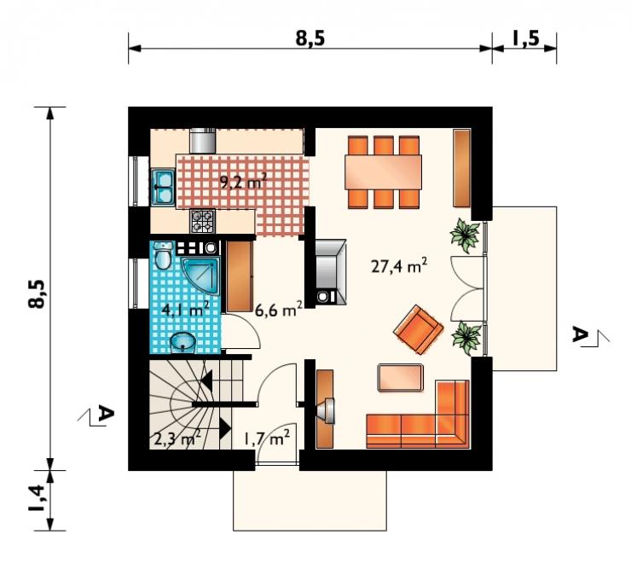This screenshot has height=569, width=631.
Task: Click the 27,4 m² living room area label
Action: (x=399, y=266)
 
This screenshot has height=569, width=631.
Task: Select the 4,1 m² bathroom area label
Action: (x=185, y=310)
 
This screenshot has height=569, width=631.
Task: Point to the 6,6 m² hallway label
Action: (x=279, y=310)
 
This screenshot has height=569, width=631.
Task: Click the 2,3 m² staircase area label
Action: (x=177, y=438)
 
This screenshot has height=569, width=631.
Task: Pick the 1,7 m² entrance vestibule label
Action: (x=267, y=438)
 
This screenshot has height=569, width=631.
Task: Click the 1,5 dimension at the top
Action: (x=525, y=38)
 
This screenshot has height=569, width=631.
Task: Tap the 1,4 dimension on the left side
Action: (x=36, y=497)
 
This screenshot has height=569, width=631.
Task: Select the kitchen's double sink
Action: (x=162, y=187)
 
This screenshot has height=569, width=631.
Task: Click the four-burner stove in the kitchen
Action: (x=202, y=221)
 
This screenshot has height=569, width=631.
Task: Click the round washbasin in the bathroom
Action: (x=182, y=343)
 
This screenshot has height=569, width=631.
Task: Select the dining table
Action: (x=383, y=172)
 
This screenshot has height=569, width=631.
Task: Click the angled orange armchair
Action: (x=419, y=330)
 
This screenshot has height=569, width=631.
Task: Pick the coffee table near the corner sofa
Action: (x=401, y=377)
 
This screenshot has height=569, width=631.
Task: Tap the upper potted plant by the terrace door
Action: (x=466, y=235)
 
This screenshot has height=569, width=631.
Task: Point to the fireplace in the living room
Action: (x=330, y=272)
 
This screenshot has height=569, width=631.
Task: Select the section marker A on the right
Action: (x=580, y=335)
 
